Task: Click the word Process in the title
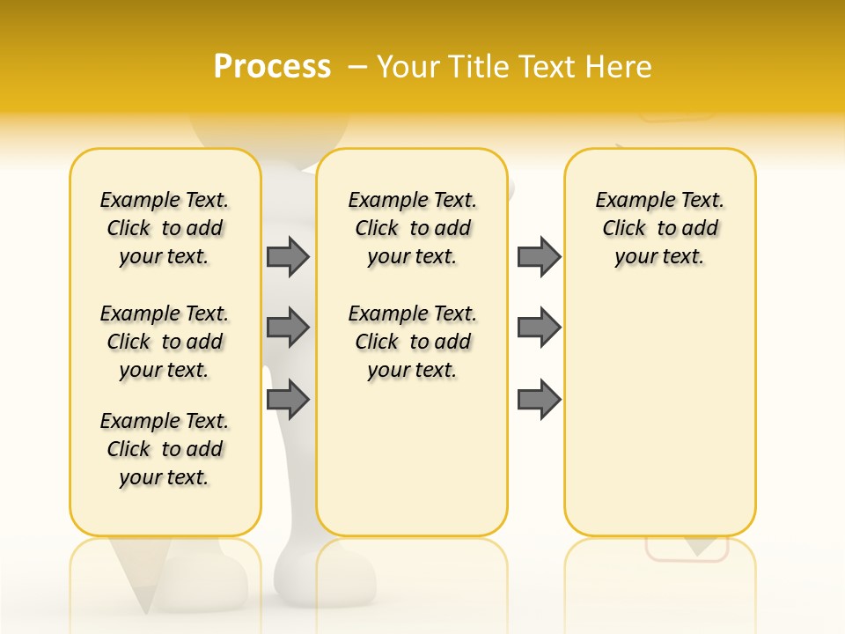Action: (x=272, y=67)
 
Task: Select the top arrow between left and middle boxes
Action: (x=288, y=256)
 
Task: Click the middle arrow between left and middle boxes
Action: (x=288, y=328)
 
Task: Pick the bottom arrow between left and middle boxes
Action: (x=288, y=400)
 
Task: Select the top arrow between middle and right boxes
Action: (x=539, y=256)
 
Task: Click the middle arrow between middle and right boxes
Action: (x=539, y=328)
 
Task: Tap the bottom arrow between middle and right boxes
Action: (x=539, y=400)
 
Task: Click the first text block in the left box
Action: (x=165, y=228)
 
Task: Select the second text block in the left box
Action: (x=165, y=342)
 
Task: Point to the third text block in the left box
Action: (x=165, y=449)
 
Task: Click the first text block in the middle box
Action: (x=412, y=228)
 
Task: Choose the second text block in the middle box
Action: (x=412, y=342)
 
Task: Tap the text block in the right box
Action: (x=659, y=228)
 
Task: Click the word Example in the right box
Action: (x=628, y=201)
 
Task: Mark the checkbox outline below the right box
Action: (x=687, y=549)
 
